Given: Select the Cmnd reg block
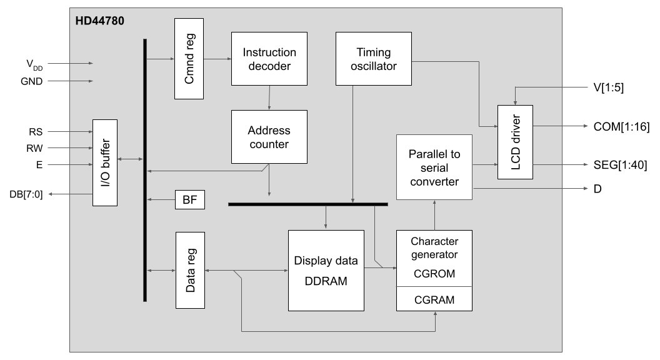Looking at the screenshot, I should click(x=189, y=59).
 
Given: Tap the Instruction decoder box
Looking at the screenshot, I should click(x=269, y=58).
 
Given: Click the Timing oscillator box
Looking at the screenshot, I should click(x=374, y=58).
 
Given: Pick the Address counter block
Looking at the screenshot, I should click(x=269, y=137).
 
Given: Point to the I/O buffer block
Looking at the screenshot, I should click(x=106, y=162).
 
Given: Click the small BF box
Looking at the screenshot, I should click(x=189, y=201).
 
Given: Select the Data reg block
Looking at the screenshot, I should click(x=189, y=269).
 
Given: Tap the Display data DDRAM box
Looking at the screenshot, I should click(x=326, y=270).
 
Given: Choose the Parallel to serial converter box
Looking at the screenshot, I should click(x=434, y=167).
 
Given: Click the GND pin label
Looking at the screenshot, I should click(x=31, y=81).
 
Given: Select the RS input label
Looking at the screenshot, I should click(x=36, y=132).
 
